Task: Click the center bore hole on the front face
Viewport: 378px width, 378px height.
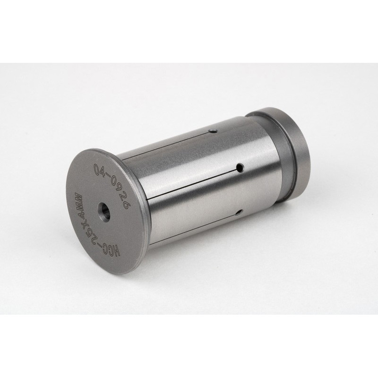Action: pyautogui.click(x=104, y=211)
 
